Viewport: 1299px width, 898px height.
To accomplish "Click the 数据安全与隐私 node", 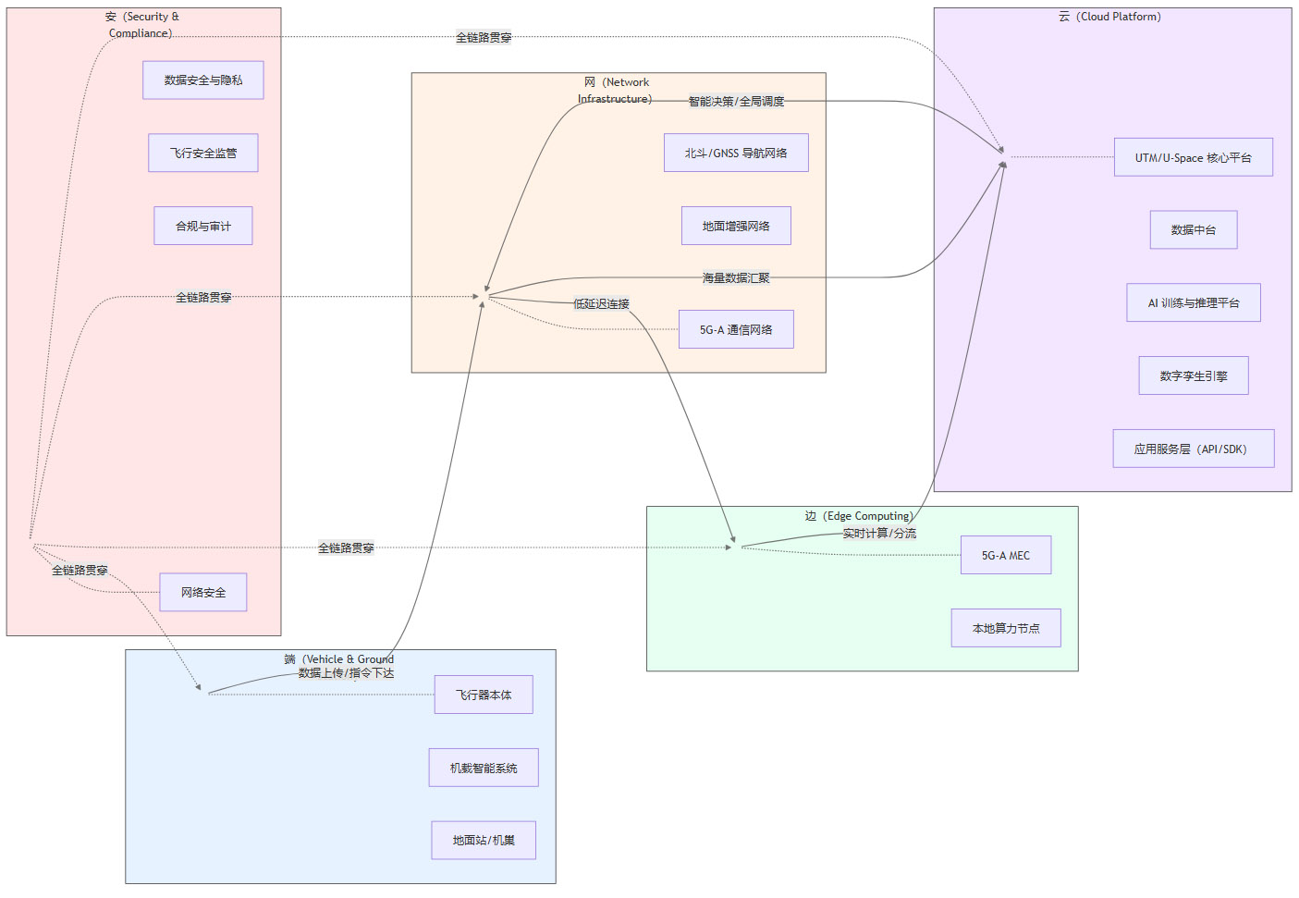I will click(203, 80).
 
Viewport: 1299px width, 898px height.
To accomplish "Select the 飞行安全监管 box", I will click(203, 154).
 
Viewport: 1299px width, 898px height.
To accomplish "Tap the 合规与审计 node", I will click(203, 226).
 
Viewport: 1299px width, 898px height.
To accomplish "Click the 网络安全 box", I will click(203, 593).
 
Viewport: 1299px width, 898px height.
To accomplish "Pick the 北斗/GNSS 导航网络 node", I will click(736, 154).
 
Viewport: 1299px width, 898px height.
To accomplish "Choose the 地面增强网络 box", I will click(736, 226).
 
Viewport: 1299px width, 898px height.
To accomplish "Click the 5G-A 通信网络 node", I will click(736, 330).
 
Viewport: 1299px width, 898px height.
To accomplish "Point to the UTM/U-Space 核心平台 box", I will click(1194, 158).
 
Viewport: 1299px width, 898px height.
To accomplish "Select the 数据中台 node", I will click(1194, 230).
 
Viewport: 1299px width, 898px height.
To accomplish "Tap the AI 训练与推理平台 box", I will click(1194, 303).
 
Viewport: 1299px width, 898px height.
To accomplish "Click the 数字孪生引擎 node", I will click(1194, 376).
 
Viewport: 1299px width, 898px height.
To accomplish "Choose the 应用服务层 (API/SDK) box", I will click(1194, 449).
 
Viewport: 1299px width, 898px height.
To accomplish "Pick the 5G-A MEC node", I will click(1006, 556).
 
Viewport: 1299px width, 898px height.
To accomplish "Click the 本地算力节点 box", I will click(1006, 629).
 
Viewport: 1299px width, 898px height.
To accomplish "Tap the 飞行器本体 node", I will click(484, 695).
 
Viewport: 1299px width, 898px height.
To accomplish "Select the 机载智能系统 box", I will click(484, 769).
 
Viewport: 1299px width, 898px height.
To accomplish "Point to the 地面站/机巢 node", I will click(484, 841).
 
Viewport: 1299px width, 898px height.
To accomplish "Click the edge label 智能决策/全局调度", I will click(736, 102).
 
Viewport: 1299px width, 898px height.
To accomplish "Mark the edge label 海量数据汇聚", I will click(736, 278).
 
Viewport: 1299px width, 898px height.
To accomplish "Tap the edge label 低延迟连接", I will click(602, 304).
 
